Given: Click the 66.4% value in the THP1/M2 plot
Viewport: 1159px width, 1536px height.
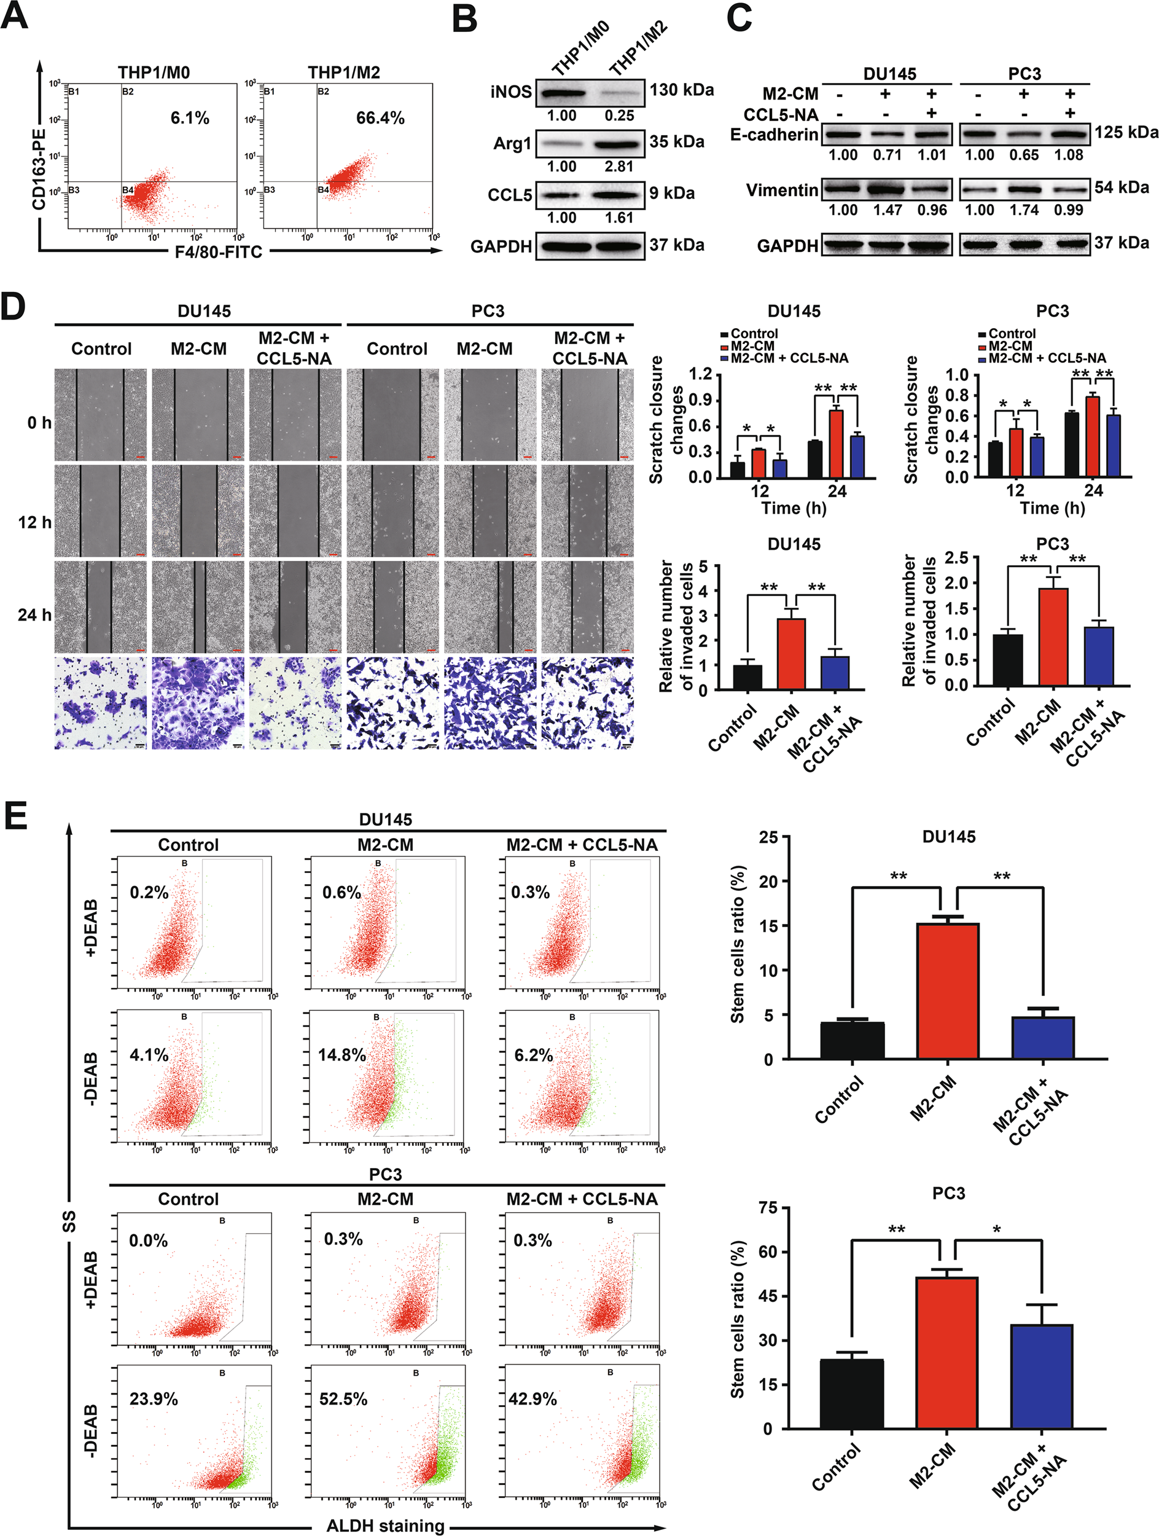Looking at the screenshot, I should click(x=380, y=118).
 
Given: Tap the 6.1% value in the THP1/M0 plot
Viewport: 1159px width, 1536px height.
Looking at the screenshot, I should click(x=189, y=118).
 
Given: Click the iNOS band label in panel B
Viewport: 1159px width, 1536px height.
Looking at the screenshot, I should click(x=511, y=92).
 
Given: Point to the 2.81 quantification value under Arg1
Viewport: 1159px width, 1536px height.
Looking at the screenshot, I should click(x=619, y=167).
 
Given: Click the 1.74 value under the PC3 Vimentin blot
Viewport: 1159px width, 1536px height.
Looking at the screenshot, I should click(x=1024, y=210).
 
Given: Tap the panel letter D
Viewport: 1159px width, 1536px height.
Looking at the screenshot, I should click(x=14, y=306).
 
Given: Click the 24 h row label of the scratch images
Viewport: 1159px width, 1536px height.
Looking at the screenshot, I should click(x=34, y=614).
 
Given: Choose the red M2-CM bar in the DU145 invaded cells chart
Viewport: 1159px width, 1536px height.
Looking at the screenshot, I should click(x=791, y=652).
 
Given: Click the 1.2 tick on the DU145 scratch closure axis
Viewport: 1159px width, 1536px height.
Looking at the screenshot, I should click(x=701, y=375).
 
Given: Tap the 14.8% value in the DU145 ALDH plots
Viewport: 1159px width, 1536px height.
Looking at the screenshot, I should click(x=341, y=1055).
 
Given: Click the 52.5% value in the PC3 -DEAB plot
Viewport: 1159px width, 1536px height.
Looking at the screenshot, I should click(x=343, y=1398).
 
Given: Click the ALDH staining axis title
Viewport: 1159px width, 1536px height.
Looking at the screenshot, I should click(x=385, y=1526).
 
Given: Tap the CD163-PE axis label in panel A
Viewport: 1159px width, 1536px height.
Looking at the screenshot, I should click(x=39, y=169).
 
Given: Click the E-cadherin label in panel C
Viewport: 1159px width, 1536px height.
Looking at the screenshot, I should click(x=774, y=134).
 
